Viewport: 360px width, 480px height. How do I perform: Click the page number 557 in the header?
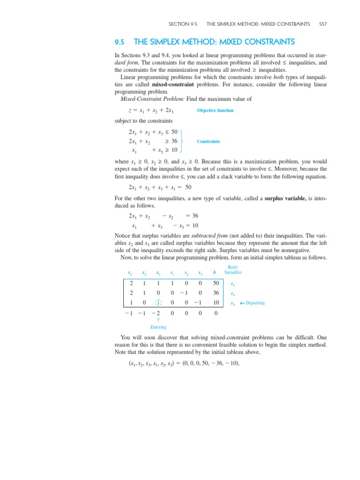tap(322, 23)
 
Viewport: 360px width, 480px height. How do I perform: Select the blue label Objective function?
tap(215, 111)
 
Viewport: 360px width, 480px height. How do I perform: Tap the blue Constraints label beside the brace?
tap(209, 141)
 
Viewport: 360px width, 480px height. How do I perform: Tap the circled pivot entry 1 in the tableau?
tap(158, 303)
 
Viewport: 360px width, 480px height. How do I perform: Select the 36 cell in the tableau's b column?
tap(215, 293)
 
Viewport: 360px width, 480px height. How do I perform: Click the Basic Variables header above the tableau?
tap(233, 270)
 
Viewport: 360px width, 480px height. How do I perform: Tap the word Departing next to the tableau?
tap(255, 303)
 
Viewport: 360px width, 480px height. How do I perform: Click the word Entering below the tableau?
tap(158, 327)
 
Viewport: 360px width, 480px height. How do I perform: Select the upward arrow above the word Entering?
tap(158, 321)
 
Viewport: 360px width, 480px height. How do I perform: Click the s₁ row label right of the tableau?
tap(233, 285)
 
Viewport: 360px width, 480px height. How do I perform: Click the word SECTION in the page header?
tap(180, 23)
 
